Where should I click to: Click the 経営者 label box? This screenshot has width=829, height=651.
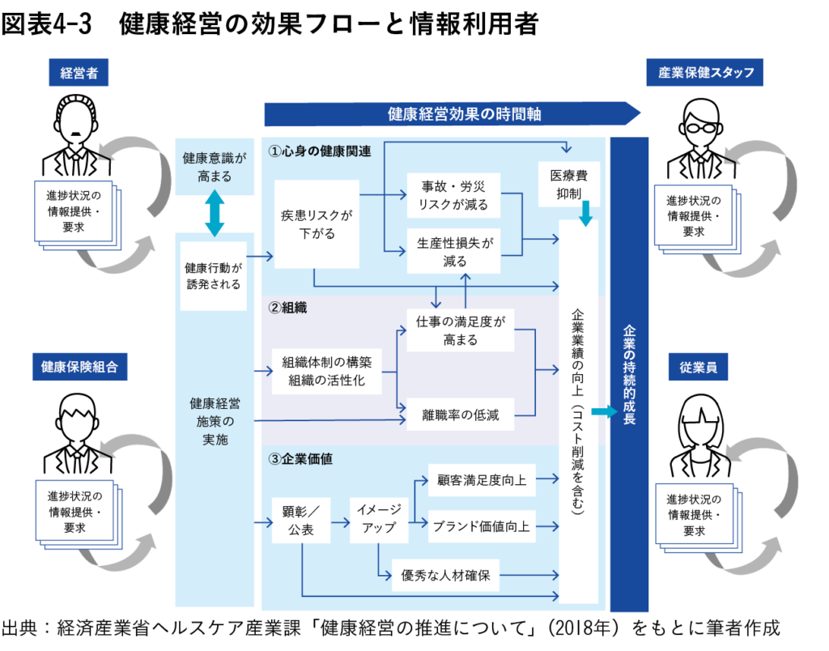tap(79, 73)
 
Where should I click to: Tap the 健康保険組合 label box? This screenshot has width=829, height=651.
tap(79, 367)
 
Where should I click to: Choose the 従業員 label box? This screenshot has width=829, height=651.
tap(698, 367)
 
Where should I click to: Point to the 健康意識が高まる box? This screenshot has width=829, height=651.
tap(214, 167)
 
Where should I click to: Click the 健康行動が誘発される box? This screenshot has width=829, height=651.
tap(214, 276)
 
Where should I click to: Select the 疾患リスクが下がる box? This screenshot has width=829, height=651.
tap(317, 224)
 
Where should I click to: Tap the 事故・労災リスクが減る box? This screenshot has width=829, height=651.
tap(453, 194)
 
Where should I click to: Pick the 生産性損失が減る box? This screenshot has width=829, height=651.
tap(453, 251)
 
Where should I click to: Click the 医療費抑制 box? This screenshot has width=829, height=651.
tap(569, 185)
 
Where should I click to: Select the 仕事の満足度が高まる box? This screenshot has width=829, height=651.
tap(460, 330)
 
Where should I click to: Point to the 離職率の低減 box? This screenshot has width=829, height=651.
tap(460, 416)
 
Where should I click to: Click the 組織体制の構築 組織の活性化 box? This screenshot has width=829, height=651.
tap(327, 372)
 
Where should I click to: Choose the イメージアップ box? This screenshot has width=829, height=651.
tap(379, 518)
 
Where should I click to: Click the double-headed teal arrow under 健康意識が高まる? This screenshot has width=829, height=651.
tap(214, 213)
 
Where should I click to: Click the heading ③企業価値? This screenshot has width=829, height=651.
tap(301, 459)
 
